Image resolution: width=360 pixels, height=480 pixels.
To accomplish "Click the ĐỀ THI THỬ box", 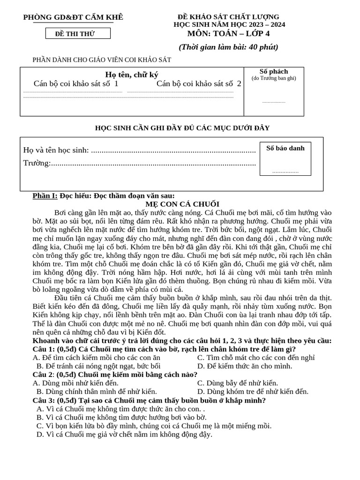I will coord(78,33).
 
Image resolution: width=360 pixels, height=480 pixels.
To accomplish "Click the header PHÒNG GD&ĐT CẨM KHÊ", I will coord(74,18).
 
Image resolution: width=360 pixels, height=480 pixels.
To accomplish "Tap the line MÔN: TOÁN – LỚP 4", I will coord(229,33).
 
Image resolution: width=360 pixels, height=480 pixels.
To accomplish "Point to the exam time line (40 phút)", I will coord(228,47).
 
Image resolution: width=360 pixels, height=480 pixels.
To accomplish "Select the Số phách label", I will coord(274,72).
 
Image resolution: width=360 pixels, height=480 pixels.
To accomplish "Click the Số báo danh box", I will coord(285,158).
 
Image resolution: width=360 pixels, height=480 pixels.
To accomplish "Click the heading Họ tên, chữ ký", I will coord(132,75).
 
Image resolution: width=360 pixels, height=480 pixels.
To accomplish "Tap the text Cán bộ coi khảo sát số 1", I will coord(76,84).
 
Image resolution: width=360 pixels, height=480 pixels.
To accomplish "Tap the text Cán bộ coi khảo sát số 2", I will coord(199,84).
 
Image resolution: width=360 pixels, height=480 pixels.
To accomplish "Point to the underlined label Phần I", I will coord(45,195).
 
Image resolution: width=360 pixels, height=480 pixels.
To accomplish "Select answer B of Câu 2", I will coord(97,391).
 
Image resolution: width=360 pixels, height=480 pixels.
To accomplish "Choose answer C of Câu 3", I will coord(154,426).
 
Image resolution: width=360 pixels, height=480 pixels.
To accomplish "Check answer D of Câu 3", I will coord(124,434).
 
